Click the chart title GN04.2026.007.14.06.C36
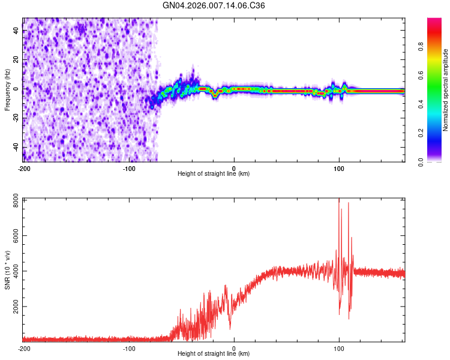pyautogui.click(x=214, y=5)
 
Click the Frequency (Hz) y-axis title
pyautogui.click(x=7, y=90)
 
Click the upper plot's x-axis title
pyautogui.click(x=214, y=174)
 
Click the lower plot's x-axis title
pyautogui.click(x=214, y=354)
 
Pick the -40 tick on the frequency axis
pyautogui.click(x=15, y=147)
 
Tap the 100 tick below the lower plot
pyautogui.click(x=339, y=348)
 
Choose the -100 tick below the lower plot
pyautogui.click(x=128, y=348)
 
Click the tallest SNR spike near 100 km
pyautogui.click(x=339, y=200)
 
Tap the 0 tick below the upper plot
pyautogui.click(x=234, y=167)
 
